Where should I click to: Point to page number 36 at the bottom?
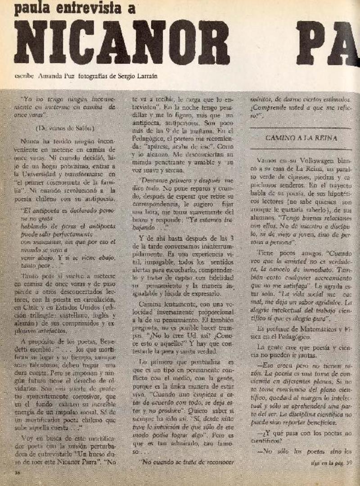click(18, 472)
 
